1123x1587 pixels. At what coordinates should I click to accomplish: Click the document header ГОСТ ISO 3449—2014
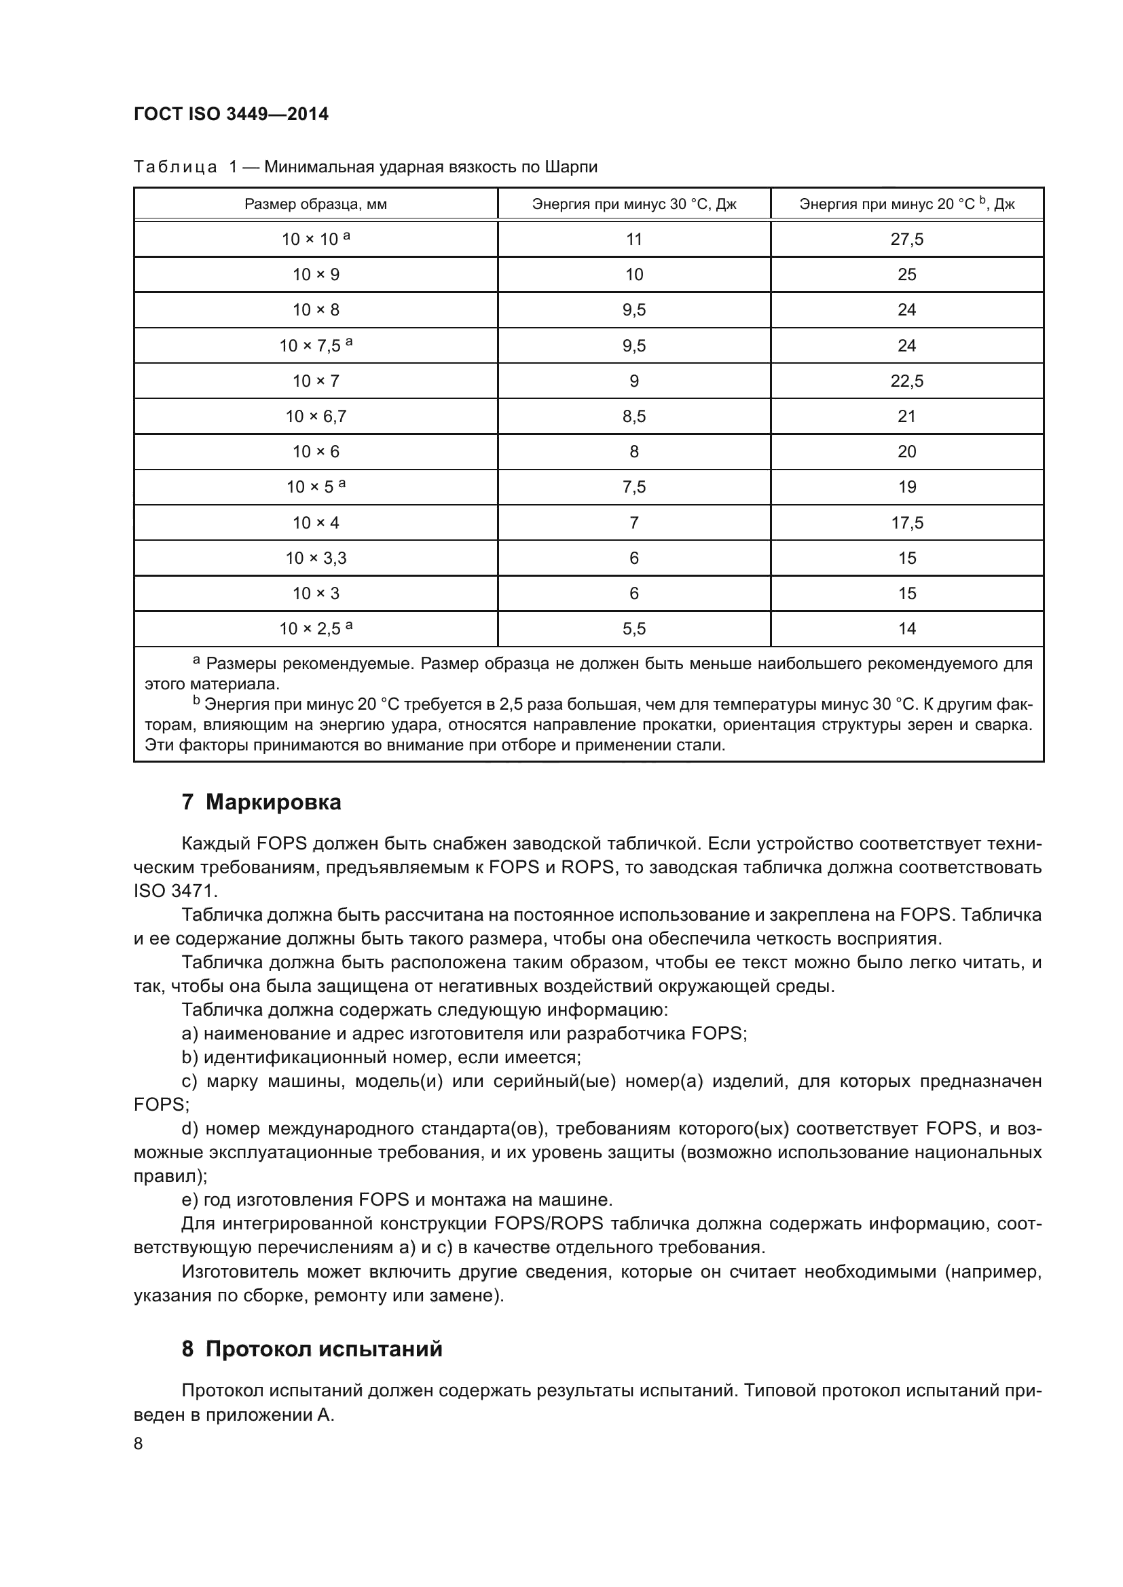[x=231, y=114]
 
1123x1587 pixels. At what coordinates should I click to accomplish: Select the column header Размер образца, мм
[x=315, y=204]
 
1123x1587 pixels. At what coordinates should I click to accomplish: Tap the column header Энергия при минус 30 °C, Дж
[x=634, y=204]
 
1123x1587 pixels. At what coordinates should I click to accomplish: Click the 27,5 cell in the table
[x=906, y=239]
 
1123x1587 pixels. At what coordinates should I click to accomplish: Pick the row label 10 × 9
[x=315, y=274]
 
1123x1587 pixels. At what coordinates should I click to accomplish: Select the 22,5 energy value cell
[x=906, y=381]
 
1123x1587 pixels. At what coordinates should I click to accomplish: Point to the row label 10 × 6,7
[x=315, y=416]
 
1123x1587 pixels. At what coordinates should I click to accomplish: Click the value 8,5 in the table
[x=634, y=416]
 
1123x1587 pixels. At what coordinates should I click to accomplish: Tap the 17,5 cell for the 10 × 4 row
[x=906, y=522]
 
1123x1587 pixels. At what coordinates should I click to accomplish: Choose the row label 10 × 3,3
[x=315, y=558]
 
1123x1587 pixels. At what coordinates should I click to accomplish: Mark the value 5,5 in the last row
[x=634, y=628]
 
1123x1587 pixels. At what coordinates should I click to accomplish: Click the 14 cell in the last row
[x=906, y=628]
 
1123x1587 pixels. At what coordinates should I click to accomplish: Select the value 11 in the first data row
[x=634, y=239]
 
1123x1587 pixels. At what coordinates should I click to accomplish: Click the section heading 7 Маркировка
[x=261, y=803]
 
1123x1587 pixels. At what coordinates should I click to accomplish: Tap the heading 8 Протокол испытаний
[x=312, y=1349]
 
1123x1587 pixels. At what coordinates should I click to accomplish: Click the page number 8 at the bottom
[x=139, y=1444]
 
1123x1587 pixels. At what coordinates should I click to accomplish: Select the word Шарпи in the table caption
[x=570, y=168]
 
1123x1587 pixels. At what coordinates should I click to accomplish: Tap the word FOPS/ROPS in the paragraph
[x=549, y=1223]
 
